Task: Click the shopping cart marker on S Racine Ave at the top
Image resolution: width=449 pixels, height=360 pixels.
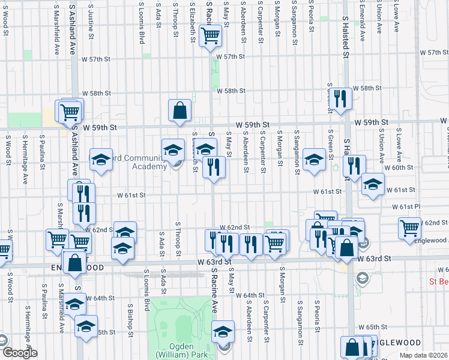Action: coord(210,36)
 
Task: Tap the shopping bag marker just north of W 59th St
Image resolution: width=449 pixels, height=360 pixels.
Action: coord(179,110)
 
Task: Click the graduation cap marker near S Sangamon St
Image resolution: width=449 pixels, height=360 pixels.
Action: coord(314,160)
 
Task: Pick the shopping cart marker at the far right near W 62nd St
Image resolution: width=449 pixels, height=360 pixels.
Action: coord(409,227)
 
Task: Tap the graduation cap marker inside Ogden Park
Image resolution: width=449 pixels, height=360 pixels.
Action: coord(223,332)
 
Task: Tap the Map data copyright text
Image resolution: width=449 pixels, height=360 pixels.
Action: coord(422,355)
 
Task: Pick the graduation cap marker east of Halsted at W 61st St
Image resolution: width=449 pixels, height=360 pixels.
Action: coord(373,185)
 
